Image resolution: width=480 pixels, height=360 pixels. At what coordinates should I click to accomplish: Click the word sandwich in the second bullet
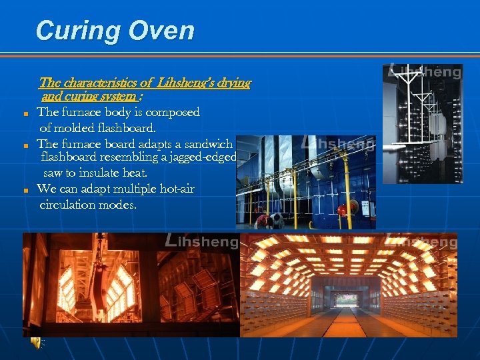pos(207,143)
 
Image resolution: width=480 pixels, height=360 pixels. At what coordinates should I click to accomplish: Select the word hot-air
pos(173,189)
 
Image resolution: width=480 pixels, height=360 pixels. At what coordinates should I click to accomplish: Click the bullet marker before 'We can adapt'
pos(25,191)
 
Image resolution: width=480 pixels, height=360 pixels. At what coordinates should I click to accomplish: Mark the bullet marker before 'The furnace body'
pos(25,113)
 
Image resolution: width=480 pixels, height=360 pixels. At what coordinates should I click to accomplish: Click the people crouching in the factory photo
pos(265,220)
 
